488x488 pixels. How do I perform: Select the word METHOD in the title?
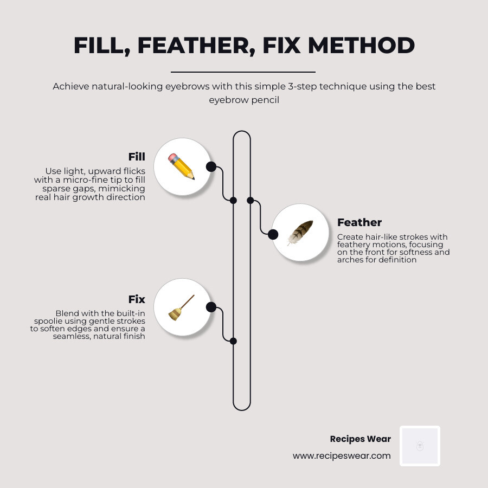(x=362, y=46)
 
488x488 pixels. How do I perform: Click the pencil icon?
(x=182, y=166)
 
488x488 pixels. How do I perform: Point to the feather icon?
(x=300, y=233)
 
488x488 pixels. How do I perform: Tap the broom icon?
(x=182, y=307)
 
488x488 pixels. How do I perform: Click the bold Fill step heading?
(x=137, y=157)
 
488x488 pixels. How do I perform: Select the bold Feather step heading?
(x=359, y=222)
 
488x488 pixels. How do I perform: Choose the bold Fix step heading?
(x=137, y=299)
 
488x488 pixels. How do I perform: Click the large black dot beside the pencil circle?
(x=211, y=166)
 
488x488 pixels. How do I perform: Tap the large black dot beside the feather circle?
(x=273, y=234)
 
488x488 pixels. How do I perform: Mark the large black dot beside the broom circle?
(x=211, y=307)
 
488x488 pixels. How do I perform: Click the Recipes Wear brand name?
(x=360, y=439)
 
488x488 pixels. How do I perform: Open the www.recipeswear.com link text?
(x=342, y=456)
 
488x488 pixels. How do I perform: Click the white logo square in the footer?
(x=420, y=446)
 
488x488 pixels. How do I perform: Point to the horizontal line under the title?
(x=243, y=72)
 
